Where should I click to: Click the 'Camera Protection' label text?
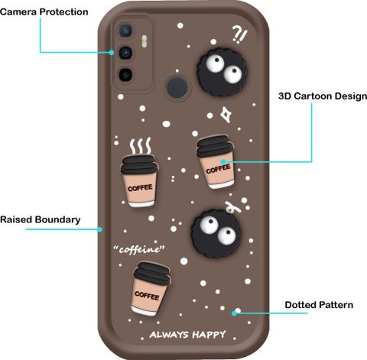44,12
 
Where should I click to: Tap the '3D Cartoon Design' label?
323,96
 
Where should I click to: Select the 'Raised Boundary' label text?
41,219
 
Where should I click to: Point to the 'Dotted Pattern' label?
319,305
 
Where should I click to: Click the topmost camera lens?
125,31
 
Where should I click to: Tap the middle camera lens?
125,53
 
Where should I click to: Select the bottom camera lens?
125,75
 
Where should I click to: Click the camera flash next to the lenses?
145,41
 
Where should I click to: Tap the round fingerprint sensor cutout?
177,87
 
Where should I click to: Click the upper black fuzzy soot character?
222,72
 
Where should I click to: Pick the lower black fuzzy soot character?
216,233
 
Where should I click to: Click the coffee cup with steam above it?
139,180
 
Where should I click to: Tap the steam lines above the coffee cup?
140,146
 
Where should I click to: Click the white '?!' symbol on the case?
239,35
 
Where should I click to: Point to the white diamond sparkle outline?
226,115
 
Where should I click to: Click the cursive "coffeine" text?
139,249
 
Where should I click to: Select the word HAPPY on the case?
209,335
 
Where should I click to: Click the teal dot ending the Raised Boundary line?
100,229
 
